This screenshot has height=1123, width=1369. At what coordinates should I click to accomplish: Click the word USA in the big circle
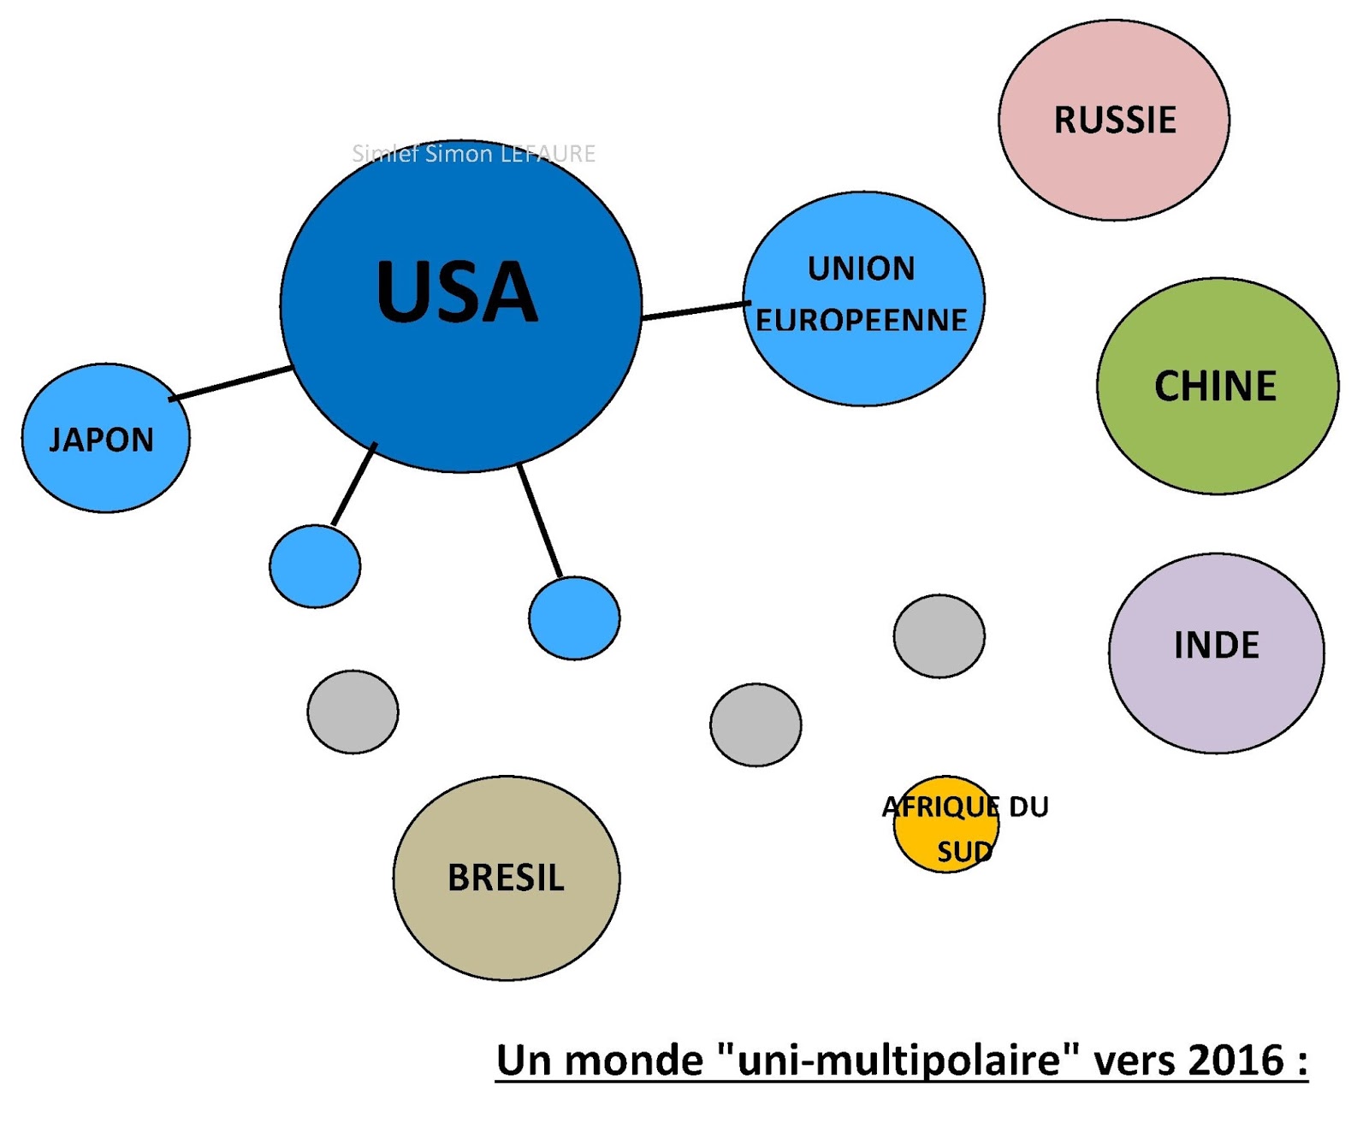click(x=457, y=293)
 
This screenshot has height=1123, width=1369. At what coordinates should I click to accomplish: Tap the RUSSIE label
click(x=1115, y=121)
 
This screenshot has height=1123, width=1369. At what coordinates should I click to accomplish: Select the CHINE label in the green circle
click(x=1215, y=387)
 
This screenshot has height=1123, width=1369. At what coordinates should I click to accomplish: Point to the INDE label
click(x=1216, y=646)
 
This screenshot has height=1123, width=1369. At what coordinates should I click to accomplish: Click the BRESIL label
click(x=506, y=878)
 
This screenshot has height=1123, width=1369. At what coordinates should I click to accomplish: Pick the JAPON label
click(x=102, y=440)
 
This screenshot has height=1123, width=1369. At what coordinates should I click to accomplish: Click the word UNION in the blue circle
click(x=861, y=269)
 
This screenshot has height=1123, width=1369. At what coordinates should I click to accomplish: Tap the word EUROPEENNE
click(x=861, y=321)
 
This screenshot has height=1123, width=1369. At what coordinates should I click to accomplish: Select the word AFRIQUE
click(x=940, y=807)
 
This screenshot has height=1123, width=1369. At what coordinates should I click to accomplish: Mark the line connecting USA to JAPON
click(x=231, y=384)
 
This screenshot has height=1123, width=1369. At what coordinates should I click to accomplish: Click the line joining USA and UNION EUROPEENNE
click(x=693, y=310)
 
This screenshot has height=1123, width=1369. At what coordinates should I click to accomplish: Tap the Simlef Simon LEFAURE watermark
click(x=473, y=154)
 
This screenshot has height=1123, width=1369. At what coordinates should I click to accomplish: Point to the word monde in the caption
click(x=633, y=1061)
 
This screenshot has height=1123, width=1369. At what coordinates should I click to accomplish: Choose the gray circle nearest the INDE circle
click(x=939, y=636)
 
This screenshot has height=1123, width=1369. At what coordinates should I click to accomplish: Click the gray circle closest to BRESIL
click(x=353, y=712)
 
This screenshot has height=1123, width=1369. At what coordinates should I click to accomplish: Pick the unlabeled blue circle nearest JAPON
click(x=315, y=566)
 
